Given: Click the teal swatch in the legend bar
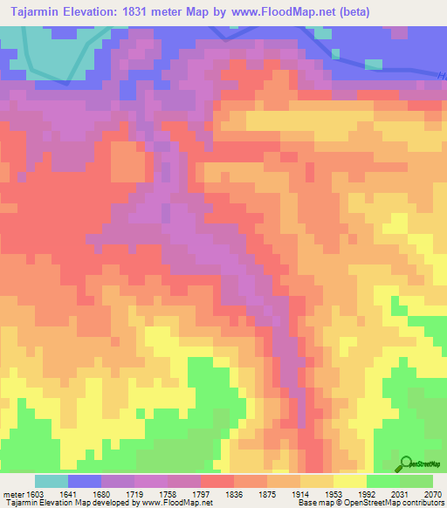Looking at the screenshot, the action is pyautogui.click(x=52, y=481).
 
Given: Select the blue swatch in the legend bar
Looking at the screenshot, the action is pyautogui.click(x=85, y=481).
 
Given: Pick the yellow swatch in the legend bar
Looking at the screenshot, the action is pyautogui.click(x=350, y=481).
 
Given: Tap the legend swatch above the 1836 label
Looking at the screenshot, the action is pyautogui.click(x=217, y=481).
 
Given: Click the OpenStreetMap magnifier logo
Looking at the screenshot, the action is pyautogui.click(x=407, y=463).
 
